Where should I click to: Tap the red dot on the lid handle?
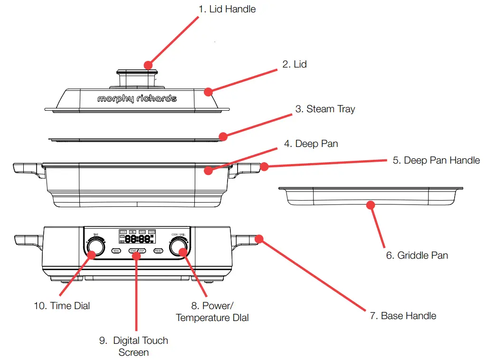click(x=148, y=65)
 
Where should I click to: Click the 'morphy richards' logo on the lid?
click(x=137, y=98)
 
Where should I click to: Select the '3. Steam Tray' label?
click(x=325, y=109)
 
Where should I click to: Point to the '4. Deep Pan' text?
click(x=311, y=144)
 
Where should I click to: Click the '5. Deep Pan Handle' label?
click(x=436, y=160)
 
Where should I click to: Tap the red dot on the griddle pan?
click(x=370, y=205)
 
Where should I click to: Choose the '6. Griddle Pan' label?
click(x=417, y=255)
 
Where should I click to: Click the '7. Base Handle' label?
click(x=403, y=316)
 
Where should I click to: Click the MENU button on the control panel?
click(x=116, y=250)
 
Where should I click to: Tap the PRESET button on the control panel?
click(x=158, y=250)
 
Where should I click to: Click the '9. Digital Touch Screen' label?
click(x=133, y=346)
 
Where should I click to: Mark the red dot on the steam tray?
click(x=223, y=136)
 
